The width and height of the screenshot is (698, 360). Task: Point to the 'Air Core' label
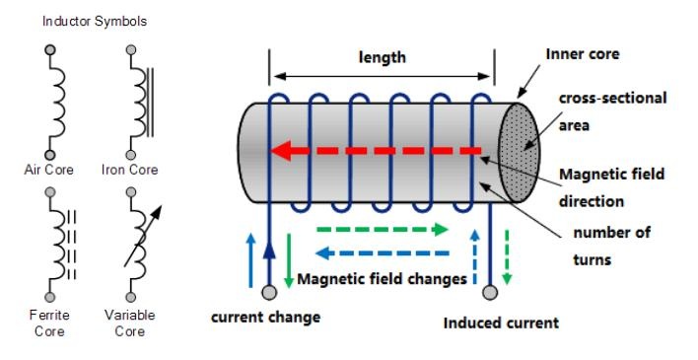[49, 170]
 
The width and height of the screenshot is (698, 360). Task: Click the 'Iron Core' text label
[130, 170]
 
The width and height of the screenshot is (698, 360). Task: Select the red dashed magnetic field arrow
[380, 151]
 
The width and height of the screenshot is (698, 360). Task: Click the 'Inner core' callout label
[583, 53]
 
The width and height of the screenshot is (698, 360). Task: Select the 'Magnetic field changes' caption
[382, 279]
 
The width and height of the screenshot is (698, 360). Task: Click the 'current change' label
[265, 317]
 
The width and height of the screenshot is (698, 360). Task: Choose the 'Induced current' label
[501, 323]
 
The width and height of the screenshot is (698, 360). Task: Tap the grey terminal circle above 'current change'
[268, 293]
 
